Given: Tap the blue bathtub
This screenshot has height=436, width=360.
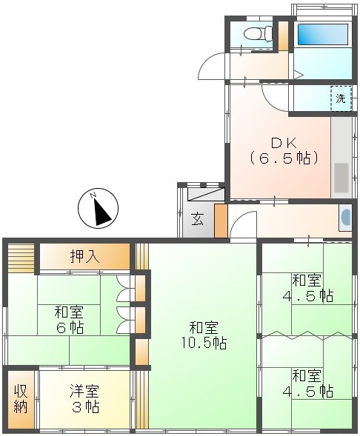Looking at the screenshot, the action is (x=323, y=35).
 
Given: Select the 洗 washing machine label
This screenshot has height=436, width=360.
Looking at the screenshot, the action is (x=341, y=98).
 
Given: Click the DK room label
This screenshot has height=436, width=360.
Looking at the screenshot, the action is (x=284, y=143).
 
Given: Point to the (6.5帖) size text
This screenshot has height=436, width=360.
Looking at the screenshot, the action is (x=284, y=158).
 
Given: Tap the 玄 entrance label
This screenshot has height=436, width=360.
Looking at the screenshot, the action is (x=197, y=218).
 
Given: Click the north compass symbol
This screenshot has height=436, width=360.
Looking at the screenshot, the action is (x=98, y=208).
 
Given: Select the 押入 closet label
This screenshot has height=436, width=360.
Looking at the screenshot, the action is (x=85, y=256).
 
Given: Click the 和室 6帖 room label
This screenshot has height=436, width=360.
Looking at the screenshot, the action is (x=70, y=320).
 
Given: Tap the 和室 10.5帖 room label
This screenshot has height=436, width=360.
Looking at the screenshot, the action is (x=204, y=335).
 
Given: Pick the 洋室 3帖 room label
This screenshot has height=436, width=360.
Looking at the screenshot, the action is (x=85, y=398).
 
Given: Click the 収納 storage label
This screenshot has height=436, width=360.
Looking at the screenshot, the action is (x=21, y=399).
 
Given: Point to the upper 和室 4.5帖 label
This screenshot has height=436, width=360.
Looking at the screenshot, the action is (x=308, y=288).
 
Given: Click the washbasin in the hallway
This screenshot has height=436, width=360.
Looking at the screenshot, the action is (x=345, y=218).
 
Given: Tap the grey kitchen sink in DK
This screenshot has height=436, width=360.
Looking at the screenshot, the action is (x=341, y=178).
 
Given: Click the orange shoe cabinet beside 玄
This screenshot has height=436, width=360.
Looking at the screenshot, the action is (x=221, y=221).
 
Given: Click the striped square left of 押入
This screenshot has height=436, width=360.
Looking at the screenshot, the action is (x=21, y=258).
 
